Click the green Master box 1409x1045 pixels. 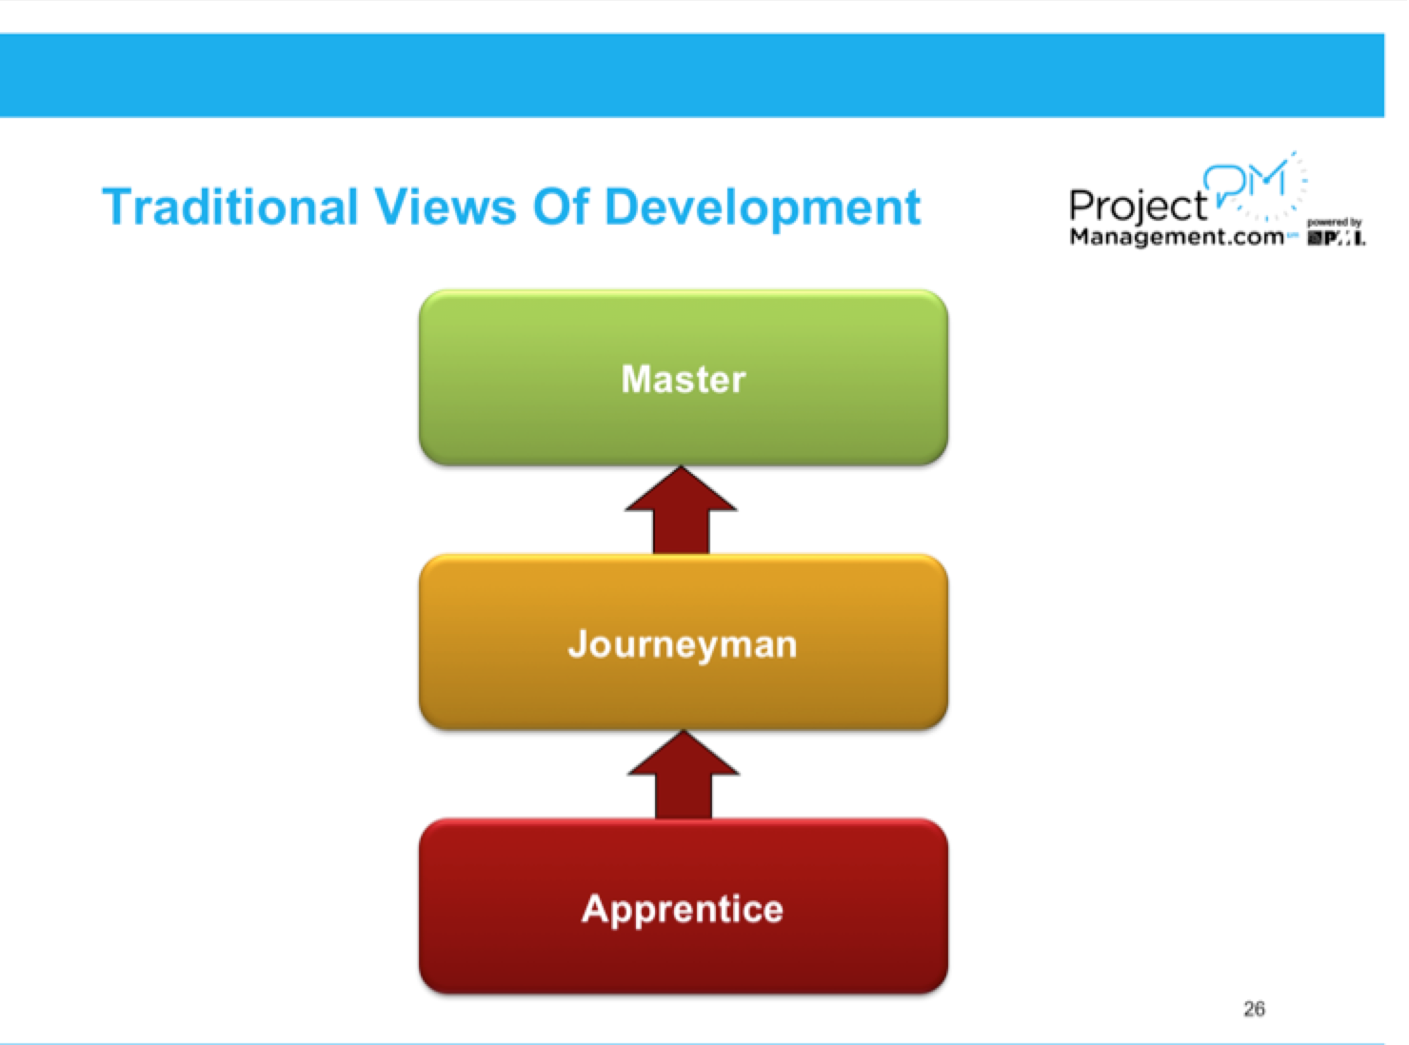coord(683,419)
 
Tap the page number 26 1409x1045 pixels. coord(1254,1009)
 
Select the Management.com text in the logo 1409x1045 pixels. coord(1177,237)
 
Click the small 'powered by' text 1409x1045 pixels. coord(1335,223)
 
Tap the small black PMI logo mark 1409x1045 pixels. coord(1337,238)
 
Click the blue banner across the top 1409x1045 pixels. coord(692,75)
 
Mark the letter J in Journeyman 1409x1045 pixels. coord(578,644)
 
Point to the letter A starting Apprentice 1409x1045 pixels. coord(594,908)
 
